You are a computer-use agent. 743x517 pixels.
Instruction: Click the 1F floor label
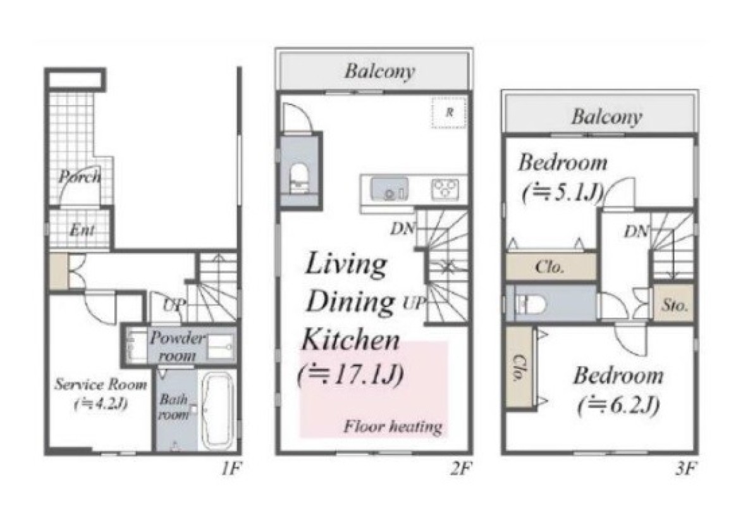(231, 469)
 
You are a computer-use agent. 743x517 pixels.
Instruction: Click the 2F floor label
(462, 469)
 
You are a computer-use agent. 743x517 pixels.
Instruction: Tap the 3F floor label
(685, 469)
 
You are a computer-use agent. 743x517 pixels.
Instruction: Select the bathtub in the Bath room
(218, 410)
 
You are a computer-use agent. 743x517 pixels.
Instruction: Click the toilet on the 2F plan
(299, 178)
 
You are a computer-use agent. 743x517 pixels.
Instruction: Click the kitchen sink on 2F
(390, 189)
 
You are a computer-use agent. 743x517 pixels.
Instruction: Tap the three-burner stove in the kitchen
(445, 189)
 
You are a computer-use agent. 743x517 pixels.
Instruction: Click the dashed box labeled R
(449, 112)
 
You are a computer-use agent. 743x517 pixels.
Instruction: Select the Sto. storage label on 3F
(675, 305)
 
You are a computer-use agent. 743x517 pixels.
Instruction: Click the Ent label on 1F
(82, 230)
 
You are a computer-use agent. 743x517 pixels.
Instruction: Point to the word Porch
(80, 177)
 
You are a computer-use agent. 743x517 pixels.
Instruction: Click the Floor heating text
(393, 427)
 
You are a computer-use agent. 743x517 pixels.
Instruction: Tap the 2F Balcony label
(379, 71)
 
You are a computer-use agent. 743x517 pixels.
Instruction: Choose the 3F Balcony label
(606, 116)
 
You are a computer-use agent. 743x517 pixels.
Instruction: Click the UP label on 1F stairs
(173, 306)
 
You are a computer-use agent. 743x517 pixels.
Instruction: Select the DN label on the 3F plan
(636, 232)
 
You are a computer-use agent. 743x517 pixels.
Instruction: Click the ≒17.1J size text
(351, 375)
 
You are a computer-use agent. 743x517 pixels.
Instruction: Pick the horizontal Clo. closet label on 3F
(550, 267)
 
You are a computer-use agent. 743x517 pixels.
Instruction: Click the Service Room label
(101, 384)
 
